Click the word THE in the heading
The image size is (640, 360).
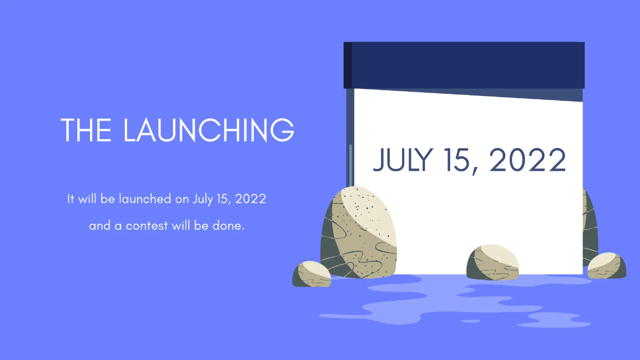[x=86, y=130]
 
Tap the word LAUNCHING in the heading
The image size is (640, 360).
[x=209, y=130]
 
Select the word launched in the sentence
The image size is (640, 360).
[x=145, y=198]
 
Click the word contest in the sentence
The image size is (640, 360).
[x=147, y=226]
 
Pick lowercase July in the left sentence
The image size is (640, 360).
[x=203, y=199]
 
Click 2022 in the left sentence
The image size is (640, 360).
[x=251, y=199]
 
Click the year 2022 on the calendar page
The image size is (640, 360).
[x=527, y=159]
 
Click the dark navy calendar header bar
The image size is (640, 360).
[x=464, y=65]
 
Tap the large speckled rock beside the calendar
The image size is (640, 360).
[x=358, y=233]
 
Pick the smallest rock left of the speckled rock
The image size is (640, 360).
[x=311, y=274]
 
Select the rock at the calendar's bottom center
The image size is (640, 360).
[x=493, y=262]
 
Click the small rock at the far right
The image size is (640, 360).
[x=607, y=266]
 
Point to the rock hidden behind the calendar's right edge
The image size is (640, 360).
[x=590, y=227]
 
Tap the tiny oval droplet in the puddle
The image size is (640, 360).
[x=470, y=321]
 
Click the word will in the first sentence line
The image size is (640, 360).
[x=87, y=198]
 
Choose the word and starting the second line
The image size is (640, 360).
[x=100, y=226]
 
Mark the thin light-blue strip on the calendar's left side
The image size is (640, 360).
[x=350, y=166]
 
